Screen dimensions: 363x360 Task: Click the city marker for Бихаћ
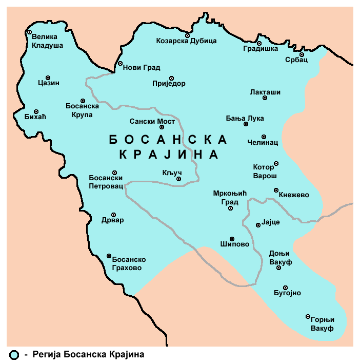coord(36,111)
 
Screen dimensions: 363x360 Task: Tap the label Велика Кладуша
coord(47,41)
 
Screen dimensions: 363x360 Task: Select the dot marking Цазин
coord(48,78)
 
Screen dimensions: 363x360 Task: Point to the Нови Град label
coord(143,67)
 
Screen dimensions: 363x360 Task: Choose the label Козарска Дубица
coord(186,41)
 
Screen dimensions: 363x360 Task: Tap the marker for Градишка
coord(259,43)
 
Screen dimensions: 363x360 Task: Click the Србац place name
coord(296,60)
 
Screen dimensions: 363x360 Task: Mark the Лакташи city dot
coord(265,98)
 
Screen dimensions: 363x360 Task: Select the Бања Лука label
coord(245,118)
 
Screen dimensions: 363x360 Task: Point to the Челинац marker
coord(264,137)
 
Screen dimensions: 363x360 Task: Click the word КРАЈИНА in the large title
coord(169,155)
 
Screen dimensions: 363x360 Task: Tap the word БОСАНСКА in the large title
coord(168,139)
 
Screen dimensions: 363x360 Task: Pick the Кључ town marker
coord(178,179)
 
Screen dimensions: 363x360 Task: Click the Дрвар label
coord(113,220)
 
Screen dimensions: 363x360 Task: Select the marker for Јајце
coord(258,225)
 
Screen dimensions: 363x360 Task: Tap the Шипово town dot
coord(232,239)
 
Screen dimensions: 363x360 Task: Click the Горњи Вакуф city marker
coord(308,316)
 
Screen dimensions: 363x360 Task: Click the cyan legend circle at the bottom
coord(14,354)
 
